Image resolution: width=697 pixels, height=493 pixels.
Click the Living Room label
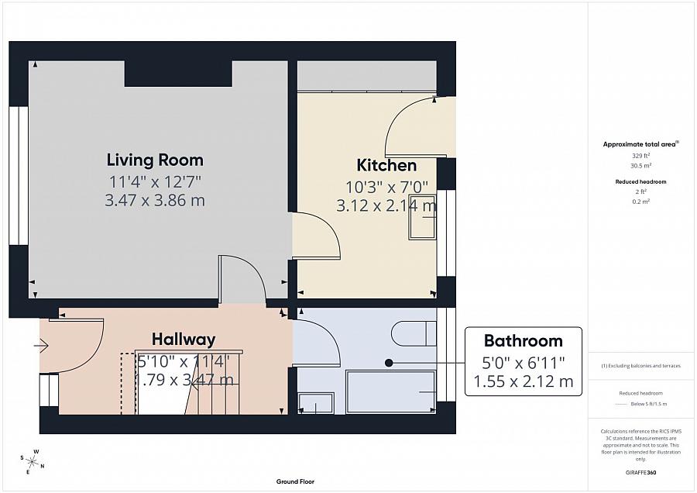155,160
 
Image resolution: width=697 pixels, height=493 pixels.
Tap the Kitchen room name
386,165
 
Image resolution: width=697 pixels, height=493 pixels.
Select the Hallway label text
184,340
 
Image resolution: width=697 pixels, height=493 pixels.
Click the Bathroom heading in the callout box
523,341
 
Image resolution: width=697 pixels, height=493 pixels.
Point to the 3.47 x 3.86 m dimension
155,201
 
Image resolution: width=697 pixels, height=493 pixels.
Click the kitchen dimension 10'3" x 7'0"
386,187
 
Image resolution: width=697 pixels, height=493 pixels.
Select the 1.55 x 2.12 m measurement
523,381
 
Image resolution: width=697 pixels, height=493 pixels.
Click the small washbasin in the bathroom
316,403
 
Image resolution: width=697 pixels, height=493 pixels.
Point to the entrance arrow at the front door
40,346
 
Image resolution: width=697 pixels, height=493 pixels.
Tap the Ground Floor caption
295,481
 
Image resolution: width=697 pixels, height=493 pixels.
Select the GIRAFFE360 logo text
640,472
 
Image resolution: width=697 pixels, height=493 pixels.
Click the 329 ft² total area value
640,156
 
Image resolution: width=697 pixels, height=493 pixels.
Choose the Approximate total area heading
640,144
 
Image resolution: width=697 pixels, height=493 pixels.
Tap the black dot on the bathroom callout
389,362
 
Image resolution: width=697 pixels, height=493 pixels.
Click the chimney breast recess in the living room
178,74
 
